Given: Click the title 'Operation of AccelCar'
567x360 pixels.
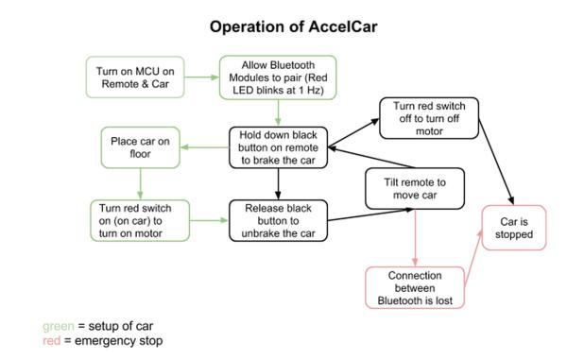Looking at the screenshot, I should (x=283, y=26).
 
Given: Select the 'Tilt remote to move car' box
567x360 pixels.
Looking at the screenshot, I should (x=412, y=188).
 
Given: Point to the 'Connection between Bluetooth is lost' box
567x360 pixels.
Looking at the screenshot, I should (x=416, y=287).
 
